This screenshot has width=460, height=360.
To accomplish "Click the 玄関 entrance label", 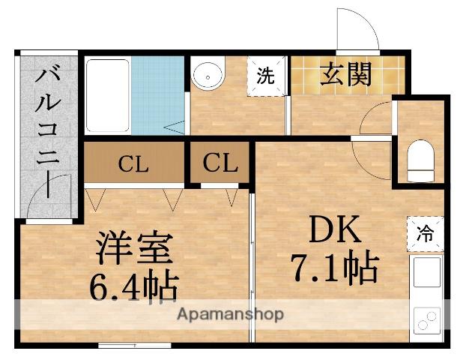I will point(347,74).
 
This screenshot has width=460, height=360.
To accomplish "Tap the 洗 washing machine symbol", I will point(267,75).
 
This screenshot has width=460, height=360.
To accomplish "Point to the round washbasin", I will point(208,75).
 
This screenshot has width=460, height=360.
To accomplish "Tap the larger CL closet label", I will point(133,163).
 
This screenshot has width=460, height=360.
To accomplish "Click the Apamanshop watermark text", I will point(229,314).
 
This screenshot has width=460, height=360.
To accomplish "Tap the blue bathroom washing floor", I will point(158,95).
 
